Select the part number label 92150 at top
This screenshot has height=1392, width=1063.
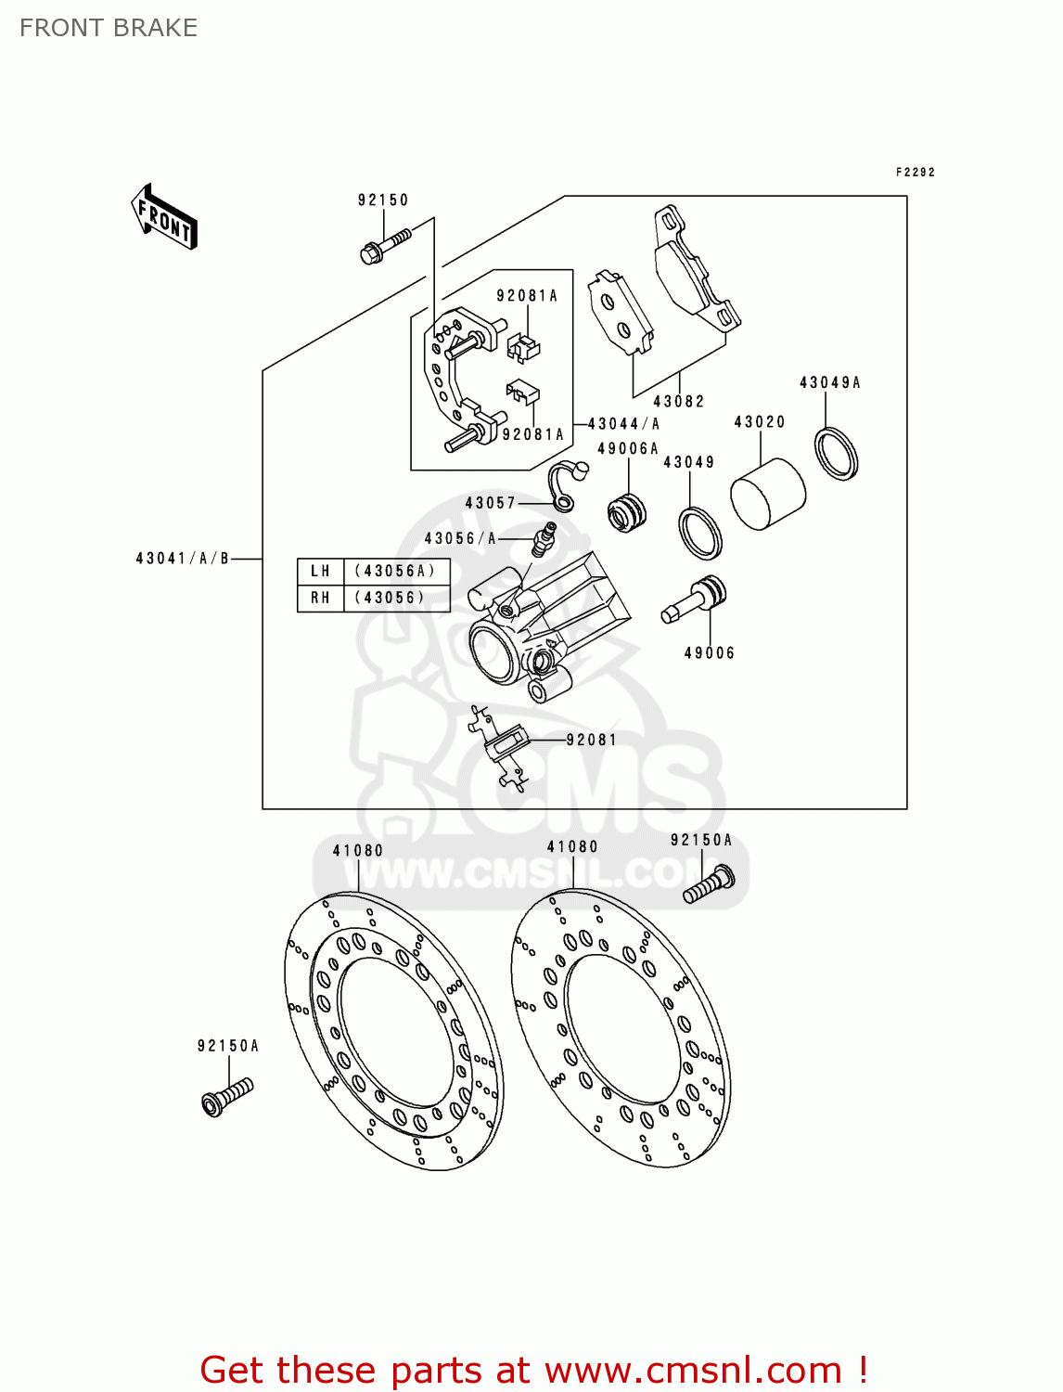(x=383, y=200)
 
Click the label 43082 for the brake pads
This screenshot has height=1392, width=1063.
(x=678, y=401)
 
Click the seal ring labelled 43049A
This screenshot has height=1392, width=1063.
(x=837, y=454)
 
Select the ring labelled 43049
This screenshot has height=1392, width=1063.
(x=700, y=534)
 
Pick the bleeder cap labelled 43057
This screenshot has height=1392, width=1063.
(x=564, y=483)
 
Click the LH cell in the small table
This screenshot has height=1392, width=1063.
(x=320, y=571)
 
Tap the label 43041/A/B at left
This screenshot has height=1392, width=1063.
(x=182, y=558)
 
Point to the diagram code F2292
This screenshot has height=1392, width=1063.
(x=915, y=172)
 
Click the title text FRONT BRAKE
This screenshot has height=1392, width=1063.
(x=109, y=28)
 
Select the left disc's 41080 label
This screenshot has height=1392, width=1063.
(x=357, y=850)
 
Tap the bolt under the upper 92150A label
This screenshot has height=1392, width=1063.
(x=709, y=884)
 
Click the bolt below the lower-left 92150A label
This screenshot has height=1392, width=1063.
(x=226, y=1096)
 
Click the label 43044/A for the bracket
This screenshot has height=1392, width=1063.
(x=623, y=423)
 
